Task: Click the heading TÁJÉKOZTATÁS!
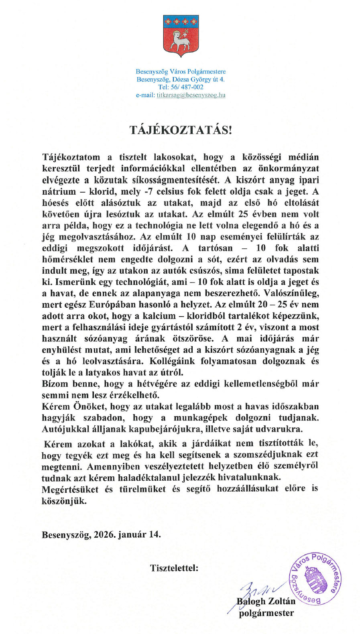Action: [x=181, y=130]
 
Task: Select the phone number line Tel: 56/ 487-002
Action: [x=181, y=87]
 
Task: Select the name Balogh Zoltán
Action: [x=266, y=601]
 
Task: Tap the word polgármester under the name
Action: [x=266, y=613]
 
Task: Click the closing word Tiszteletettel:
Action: [x=174, y=568]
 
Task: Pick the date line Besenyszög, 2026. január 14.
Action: [x=101, y=534]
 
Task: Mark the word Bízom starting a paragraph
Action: [x=55, y=384]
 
